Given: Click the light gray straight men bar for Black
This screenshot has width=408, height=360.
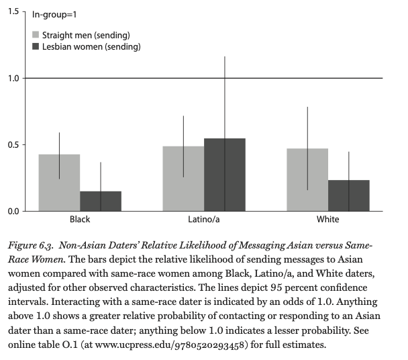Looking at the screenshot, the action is coord(59,183).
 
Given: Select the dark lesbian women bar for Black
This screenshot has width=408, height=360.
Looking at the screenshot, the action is coord(101,201).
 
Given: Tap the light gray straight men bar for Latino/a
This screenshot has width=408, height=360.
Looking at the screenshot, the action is coord(183,179).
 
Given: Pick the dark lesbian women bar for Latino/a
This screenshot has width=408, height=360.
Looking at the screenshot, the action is coord(225,175).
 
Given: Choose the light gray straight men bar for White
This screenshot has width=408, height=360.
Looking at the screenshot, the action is coord(307,180).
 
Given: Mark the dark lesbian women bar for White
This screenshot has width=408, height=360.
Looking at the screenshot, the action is coord(349,195).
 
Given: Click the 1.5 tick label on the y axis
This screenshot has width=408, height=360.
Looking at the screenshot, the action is coord(13,11).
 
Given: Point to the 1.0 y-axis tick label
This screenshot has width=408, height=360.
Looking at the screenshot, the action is coord(13,78).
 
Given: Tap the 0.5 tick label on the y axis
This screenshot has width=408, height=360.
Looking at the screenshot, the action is coord(13,144).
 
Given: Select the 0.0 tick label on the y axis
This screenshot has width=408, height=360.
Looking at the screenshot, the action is coord(13,211).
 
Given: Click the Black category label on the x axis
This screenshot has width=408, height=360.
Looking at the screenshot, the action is coord(80,220).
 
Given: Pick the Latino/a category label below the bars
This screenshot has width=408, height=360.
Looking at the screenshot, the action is coord(204,220).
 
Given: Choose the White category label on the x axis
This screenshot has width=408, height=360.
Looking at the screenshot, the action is coord(328,220).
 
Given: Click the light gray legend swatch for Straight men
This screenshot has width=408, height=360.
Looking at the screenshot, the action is coord(36,35).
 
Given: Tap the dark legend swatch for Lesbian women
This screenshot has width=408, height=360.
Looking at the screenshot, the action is coord(36,46).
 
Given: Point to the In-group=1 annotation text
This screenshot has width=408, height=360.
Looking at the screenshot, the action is coord(54,15).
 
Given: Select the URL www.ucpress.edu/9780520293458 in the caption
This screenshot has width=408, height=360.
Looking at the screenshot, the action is coord(170,345).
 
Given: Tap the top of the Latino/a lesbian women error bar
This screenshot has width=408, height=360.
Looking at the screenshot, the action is coord(225,56).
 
